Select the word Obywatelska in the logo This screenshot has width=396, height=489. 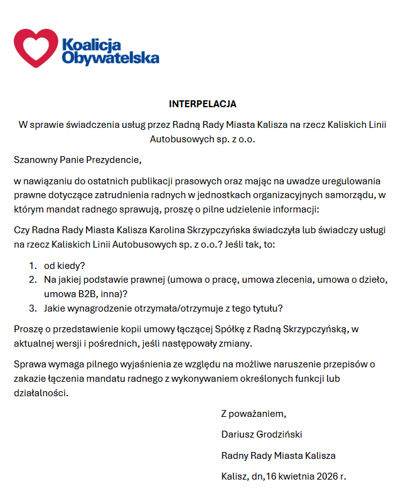[110, 58]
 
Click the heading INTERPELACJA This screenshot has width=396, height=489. [202, 103]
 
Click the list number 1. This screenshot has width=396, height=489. [32, 265]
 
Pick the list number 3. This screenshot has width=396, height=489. [32, 308]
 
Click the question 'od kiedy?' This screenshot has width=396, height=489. [65, 265]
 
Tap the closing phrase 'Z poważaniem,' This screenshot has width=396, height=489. [254, 414]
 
